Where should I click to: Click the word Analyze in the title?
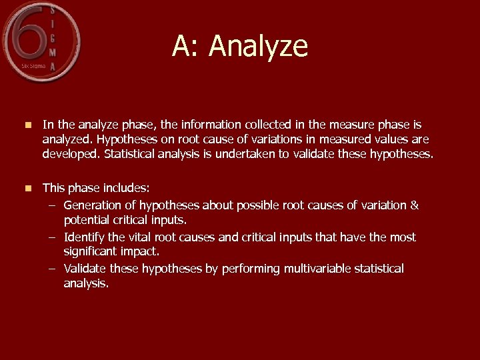click(x=258, y=47)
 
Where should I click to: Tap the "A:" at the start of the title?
click(x=186, y=47)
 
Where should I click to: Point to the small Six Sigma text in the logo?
click(x=33, y=66)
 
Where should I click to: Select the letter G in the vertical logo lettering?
click(x=52, y=37)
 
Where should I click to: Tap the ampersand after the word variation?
click(x=415, y=205)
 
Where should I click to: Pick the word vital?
click(x=139, y=237)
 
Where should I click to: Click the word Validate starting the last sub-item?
click(x=85, y=269)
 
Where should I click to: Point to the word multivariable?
click(x=316, y=269)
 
